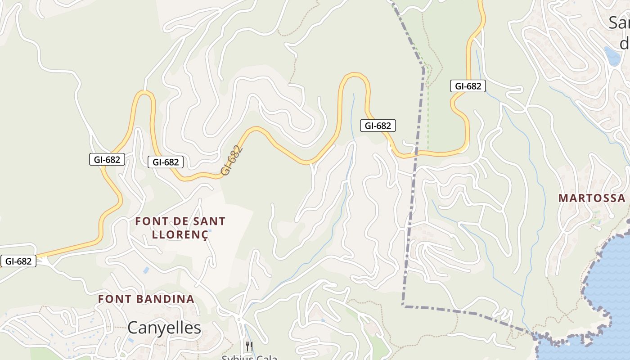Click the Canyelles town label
point(164,328)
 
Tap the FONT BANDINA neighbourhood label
point(146,299)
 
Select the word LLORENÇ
point(180,234)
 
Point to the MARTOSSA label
point(592,198)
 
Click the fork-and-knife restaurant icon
point(249,346)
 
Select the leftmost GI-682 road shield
point(18,261)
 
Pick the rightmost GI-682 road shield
point(468,86)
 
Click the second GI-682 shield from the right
point(378,126)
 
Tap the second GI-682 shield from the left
point(107,159)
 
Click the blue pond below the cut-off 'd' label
point(612,56)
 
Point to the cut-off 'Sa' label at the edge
point(619,22)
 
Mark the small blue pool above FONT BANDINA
point(146,270)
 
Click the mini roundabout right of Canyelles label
point(239,319)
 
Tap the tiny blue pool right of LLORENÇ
point(210,231)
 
